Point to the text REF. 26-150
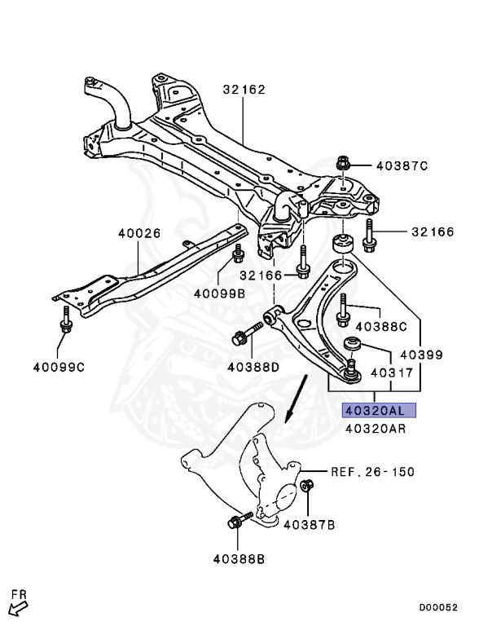tap(371, 471)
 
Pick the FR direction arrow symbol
tap(18, 604)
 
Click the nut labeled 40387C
tap(343, 165)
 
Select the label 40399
tap(420, 355)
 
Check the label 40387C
tap(402, 166)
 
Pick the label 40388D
tap(253, 367)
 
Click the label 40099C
tap(59, 367)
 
